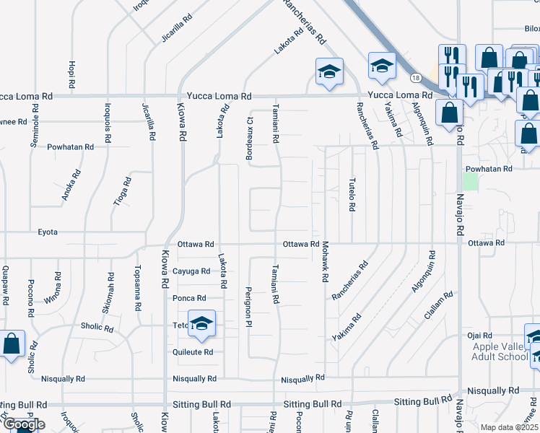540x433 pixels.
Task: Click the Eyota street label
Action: tap(47, 232)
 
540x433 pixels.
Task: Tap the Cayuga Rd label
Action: tap(191, 271)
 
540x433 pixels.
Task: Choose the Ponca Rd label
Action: tap(189, 298)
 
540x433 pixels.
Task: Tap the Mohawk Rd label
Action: tap(326, 262)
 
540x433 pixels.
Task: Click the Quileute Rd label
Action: tap(193, 352)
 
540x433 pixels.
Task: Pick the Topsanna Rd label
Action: tap(137, 288)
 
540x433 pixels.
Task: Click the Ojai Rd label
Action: tap(479, 336)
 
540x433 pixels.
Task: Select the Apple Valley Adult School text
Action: tap(500, 351)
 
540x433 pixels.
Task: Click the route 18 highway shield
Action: tap(415, 77)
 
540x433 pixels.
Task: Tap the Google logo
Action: tap(23, 424)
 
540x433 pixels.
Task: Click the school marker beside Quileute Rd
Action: tap(202, 325)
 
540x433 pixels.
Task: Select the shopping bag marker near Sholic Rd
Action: tap(12, 345)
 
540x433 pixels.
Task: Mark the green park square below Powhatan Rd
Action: tap(470, 181)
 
